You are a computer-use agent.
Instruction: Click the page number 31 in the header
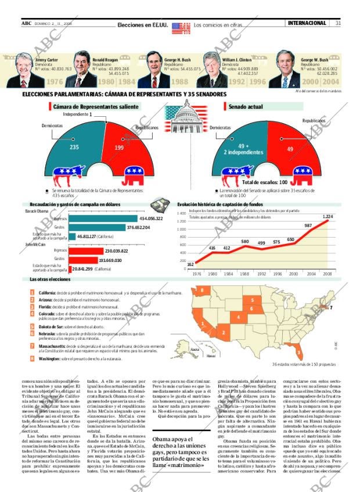[338, 23]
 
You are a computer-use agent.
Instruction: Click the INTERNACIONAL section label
[307, 23]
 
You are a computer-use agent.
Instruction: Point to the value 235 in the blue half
[74, 148]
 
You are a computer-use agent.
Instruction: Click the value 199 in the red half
[119, 148]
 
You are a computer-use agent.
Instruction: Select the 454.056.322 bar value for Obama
[151, 218]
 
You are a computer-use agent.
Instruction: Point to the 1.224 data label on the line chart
[327, 217]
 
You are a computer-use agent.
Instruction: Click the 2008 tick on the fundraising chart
[327, 274]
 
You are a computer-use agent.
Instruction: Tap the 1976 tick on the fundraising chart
[196, 274]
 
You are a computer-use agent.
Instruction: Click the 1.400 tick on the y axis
[182, 221]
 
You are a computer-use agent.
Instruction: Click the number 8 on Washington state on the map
[202, 289]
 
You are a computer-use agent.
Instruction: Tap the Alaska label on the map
[195, 350]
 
